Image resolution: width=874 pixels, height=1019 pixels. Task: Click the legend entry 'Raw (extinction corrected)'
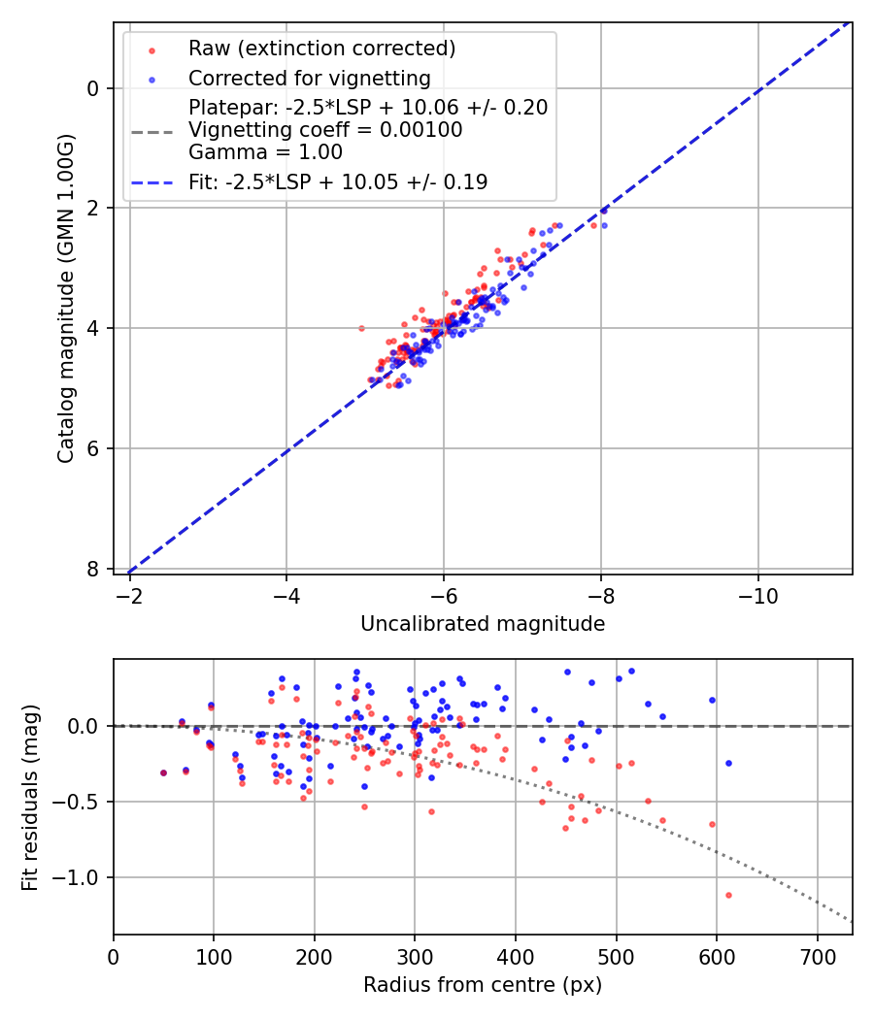321,49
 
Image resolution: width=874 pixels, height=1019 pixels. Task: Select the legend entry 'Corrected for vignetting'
309,78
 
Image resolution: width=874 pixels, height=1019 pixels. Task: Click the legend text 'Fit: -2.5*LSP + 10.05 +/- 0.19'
338,181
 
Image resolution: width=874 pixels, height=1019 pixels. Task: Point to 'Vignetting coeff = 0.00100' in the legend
325,129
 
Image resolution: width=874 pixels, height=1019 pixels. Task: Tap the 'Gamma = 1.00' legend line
265,151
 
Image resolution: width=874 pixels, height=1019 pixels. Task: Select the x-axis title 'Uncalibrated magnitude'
483,624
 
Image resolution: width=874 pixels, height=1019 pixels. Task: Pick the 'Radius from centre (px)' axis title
483,985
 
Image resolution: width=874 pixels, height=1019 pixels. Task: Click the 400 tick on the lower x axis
516,956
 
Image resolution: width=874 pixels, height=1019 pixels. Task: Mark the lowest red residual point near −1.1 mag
728,895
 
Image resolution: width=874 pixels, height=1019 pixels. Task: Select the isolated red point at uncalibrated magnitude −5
361,328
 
